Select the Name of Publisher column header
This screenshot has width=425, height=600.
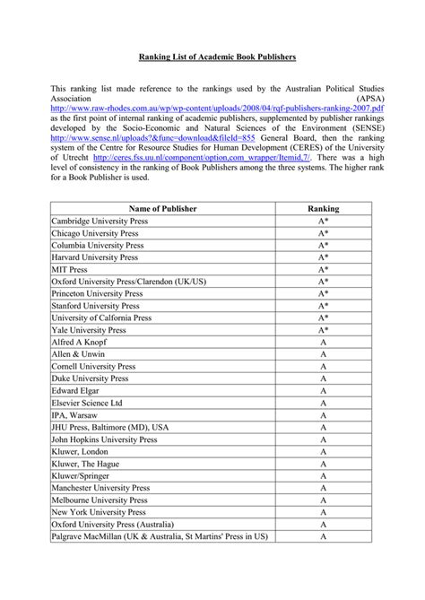coord(160,208)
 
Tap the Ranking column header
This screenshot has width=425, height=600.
coord(323,208)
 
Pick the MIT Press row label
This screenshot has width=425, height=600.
coord(70,268)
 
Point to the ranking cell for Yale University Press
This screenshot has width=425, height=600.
coord(323,329)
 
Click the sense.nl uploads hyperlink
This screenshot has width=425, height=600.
coord(153,138)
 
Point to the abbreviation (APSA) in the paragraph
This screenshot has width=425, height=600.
coord(368,100)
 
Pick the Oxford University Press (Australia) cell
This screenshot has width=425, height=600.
coord(114,524)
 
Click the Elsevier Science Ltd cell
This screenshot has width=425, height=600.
coord(92,403)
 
